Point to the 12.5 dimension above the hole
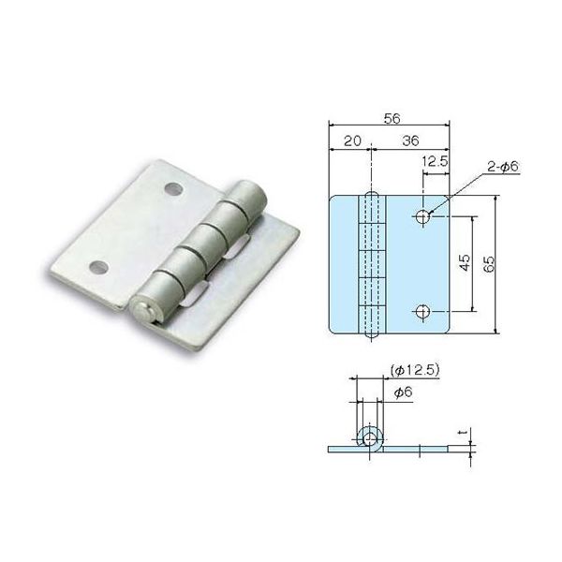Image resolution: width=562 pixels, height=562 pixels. coord(435,163)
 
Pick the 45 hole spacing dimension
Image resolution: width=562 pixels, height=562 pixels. coord(466,263)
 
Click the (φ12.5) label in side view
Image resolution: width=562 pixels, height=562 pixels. coord(408,370)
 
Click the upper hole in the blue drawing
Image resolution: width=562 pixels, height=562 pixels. coord(422,217)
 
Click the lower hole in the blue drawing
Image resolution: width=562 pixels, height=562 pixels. coord(422,310)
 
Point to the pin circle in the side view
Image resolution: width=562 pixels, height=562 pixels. coord(371,437)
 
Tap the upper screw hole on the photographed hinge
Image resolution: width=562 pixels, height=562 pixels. coord(171,188)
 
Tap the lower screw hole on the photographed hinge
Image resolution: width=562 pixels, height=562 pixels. coord(96,267)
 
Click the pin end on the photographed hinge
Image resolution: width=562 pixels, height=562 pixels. coord(143,309)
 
